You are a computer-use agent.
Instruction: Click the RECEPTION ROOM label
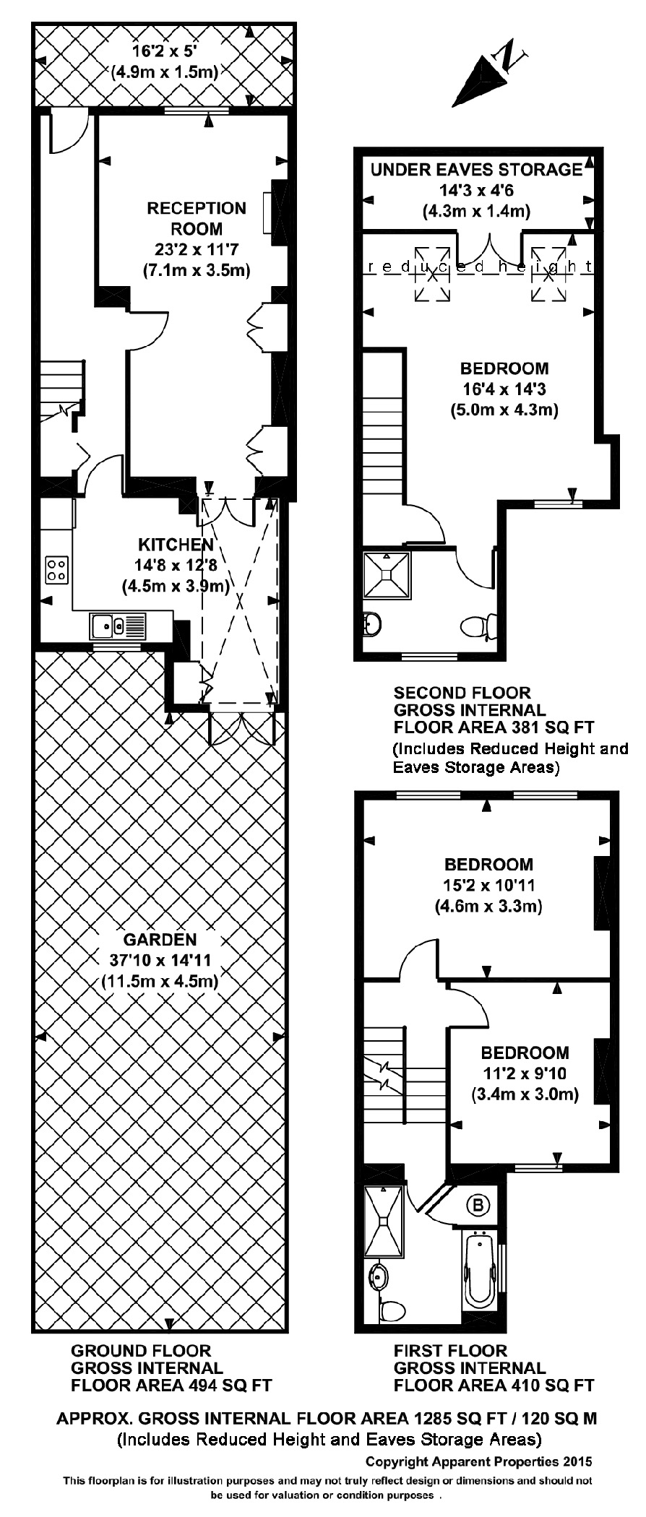click(x=197, y=218)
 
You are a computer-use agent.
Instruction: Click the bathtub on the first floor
click(x=479, y=1269)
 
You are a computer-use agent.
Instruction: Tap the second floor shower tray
click(x=387, y=575)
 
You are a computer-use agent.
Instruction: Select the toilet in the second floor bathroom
click(x=478, y=626)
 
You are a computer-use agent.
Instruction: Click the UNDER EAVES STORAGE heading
click(x=476, y=170)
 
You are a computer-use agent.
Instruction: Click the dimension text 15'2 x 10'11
click(x=489, y=885)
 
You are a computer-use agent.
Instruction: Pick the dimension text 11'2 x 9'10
click(x=525, y=1073)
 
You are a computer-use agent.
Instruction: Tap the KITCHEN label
click(x=176, y=544)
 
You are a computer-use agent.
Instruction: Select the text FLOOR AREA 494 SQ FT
click(x=171, y=1386)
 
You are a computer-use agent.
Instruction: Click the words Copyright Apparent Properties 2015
click(x=478, y=1461)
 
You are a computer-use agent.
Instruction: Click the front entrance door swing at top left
click(x=69, y=132)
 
